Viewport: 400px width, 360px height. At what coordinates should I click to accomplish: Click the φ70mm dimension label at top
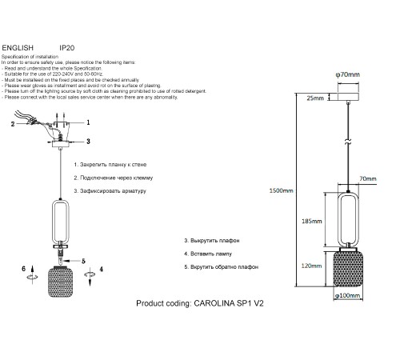[347, 74]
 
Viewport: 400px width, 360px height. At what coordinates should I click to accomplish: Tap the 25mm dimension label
[315, 98]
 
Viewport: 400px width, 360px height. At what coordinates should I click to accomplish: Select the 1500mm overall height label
[281, 190]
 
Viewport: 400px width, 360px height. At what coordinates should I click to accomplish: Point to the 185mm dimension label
[311, 221]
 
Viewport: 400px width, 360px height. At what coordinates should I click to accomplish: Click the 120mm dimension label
[311, 266]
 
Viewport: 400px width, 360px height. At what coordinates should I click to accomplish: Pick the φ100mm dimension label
[347, 295]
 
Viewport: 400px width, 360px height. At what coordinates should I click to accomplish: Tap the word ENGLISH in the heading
[18, 48]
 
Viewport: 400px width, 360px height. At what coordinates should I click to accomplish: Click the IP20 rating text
[66, 48]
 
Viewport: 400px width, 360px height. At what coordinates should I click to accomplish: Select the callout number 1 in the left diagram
[88, 122]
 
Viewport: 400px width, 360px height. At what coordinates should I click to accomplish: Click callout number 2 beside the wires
[13, 124]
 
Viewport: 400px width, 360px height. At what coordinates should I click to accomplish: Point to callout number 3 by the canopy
[88, 142]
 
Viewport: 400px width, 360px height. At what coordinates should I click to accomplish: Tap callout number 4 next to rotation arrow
[101, 269]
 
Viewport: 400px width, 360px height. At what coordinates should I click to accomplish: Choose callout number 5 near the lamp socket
[83, 261]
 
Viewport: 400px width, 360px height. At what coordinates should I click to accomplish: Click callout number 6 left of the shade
[23, 269]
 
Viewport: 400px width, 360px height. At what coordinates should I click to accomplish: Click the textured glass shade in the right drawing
[348, 269]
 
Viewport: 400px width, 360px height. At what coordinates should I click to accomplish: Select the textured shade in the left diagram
[60, 282]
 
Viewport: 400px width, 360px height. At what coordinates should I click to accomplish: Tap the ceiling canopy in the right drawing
[348, 97]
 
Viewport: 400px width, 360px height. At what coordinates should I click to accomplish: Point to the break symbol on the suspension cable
[348, 142]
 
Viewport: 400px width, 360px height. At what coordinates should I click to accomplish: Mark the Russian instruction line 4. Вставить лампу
[208, 254]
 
